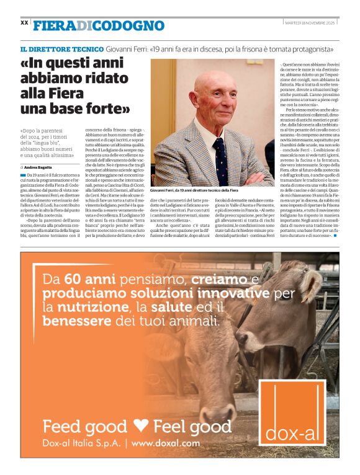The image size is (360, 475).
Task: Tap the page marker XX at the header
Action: pos(25,22)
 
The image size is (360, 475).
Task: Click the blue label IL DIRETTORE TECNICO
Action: pos(61,49)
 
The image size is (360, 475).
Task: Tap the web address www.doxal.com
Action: pos(166,443)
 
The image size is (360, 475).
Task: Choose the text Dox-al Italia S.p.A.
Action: pos(81,443)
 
